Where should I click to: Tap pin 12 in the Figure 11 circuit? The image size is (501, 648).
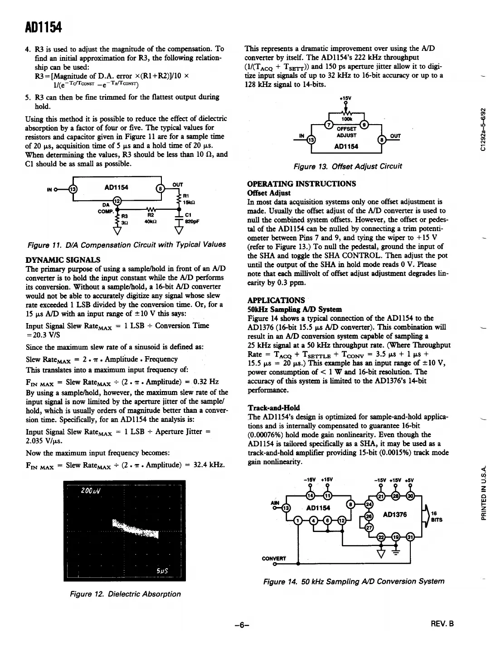click(117, 201)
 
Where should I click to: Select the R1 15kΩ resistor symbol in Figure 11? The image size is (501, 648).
click(178, 199)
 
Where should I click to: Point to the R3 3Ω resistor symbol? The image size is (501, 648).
click(117, 219)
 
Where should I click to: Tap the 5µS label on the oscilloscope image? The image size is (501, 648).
click(162, 571)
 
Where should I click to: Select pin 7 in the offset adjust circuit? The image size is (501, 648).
click(330, 125)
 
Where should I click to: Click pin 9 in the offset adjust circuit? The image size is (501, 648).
click(363, 125)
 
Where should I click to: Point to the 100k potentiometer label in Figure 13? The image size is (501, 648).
click(347, 118)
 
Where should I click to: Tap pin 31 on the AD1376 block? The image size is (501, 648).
click(410, 537)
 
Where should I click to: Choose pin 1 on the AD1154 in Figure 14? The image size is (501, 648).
click(297, 522)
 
